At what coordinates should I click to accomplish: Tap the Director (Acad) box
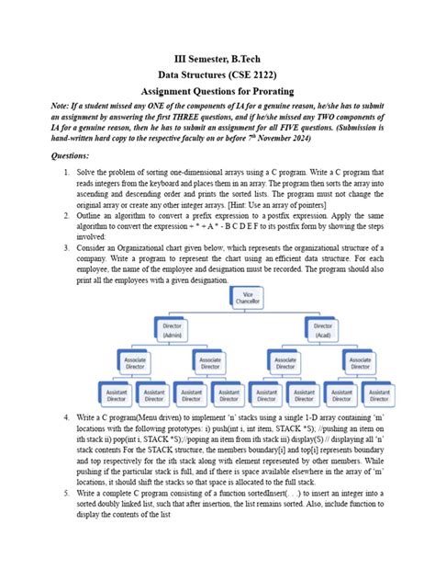[x=323, y=330]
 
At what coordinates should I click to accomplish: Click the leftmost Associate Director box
[x=134, y=362]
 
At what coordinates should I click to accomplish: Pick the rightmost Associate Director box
[x=361, y=362]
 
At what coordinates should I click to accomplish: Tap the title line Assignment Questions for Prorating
[x=217, y=93]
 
